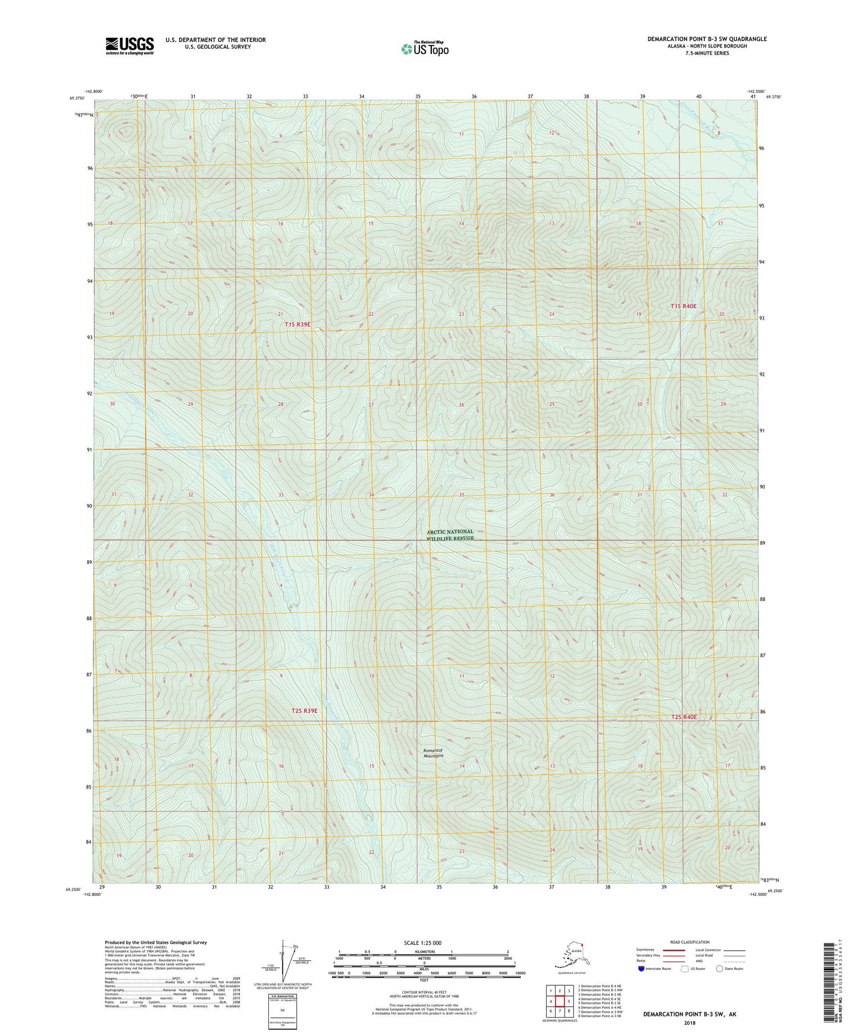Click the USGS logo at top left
130,46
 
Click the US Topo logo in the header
424,49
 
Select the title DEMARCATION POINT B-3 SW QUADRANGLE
707,39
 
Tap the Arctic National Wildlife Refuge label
451,535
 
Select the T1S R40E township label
684,306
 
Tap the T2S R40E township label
680,717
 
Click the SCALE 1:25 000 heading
422,943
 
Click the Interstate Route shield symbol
642,969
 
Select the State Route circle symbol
720,969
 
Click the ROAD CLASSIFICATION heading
690,942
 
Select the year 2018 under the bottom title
690,1023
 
